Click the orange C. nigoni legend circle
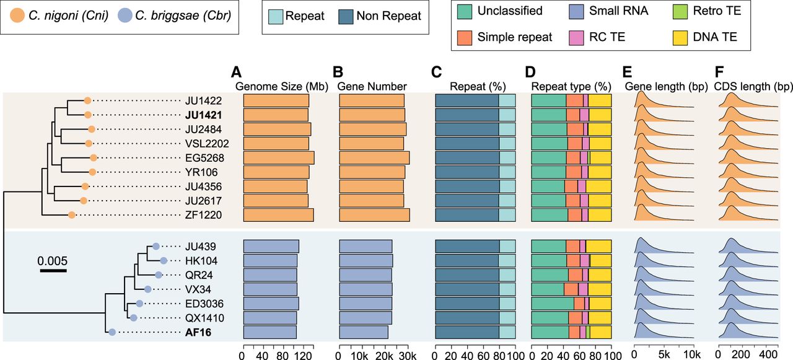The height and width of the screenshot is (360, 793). coord(17,15)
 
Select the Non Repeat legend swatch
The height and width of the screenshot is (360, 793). coord(346,17)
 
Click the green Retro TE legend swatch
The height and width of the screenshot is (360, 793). coord(680,12)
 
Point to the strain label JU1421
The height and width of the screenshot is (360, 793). coord(203,115)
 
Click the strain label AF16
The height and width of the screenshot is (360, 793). coord(198,332)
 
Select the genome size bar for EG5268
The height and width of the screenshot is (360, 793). coord(279,158)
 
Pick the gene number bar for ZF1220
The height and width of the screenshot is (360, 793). coord(375,215)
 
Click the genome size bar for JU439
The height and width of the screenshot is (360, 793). coord(271,247)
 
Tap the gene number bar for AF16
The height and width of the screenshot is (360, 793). coord(364,332)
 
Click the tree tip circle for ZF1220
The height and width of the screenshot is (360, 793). coord(71,215)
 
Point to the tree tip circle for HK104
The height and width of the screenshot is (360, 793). coord(163,261)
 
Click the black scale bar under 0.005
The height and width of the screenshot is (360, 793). coord(53,271)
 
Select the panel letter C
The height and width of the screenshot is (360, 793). coord(436,72)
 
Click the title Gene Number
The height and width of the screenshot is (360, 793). coord(372,86)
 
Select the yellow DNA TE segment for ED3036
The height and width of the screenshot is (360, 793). coord(600,304)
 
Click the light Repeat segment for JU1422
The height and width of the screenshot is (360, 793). coord(507,100)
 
